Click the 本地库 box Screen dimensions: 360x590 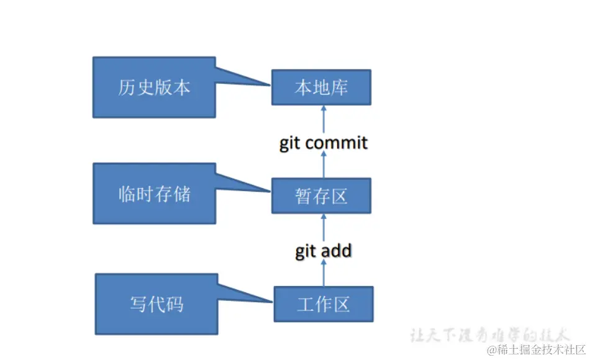point(321,88)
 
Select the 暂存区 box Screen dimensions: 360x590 point(321,196)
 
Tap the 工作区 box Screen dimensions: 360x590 point(323,304)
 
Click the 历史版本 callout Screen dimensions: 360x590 point(154,88)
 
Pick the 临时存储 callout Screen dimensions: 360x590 point(154,194)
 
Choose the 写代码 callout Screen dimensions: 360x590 point(157,304)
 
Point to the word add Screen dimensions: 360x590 point(337,251)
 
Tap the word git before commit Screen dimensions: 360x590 point(289,143)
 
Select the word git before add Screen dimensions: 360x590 point(306,251)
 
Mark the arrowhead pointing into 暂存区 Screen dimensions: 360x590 point(323,217)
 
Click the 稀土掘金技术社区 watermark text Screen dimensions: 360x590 point(540,350)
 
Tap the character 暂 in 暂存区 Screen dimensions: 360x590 point(303,196)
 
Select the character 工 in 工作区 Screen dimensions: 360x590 point(305,304)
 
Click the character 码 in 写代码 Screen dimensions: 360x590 point(175,304)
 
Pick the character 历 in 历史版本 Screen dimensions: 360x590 point(126,88)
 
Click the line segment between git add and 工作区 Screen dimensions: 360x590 point(323,273)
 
